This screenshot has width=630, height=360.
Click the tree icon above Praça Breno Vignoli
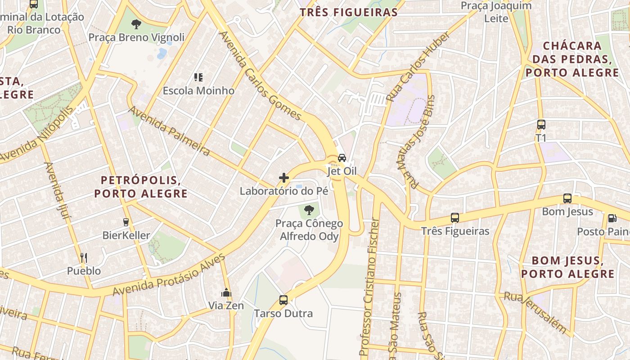[136, 24]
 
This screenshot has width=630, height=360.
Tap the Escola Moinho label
[198, 90]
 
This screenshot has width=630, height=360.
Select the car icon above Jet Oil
[342, 158]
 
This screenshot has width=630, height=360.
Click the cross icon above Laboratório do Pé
[284, 178]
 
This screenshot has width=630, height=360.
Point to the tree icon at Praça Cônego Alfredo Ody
[309, 210]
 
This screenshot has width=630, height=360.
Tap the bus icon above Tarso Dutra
[283, 300]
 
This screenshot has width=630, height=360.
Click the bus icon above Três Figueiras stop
[455, 218]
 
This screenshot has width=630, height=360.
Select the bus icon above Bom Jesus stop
[567, 198]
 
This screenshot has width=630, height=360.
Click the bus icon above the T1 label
[541, 125]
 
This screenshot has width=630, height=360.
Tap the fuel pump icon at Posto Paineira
[612, 218]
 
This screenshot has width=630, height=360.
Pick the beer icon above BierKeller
[126, 222]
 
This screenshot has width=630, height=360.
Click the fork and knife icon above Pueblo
[84, 258]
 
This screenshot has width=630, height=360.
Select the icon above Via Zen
[226, 293]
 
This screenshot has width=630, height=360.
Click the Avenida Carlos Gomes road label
[260, 76]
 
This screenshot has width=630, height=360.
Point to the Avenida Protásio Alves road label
[169, 275]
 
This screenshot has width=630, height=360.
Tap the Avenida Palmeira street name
[169, 131]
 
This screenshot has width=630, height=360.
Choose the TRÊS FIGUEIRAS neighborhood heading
[349, 12]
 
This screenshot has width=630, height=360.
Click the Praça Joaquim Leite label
[496, 12]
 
